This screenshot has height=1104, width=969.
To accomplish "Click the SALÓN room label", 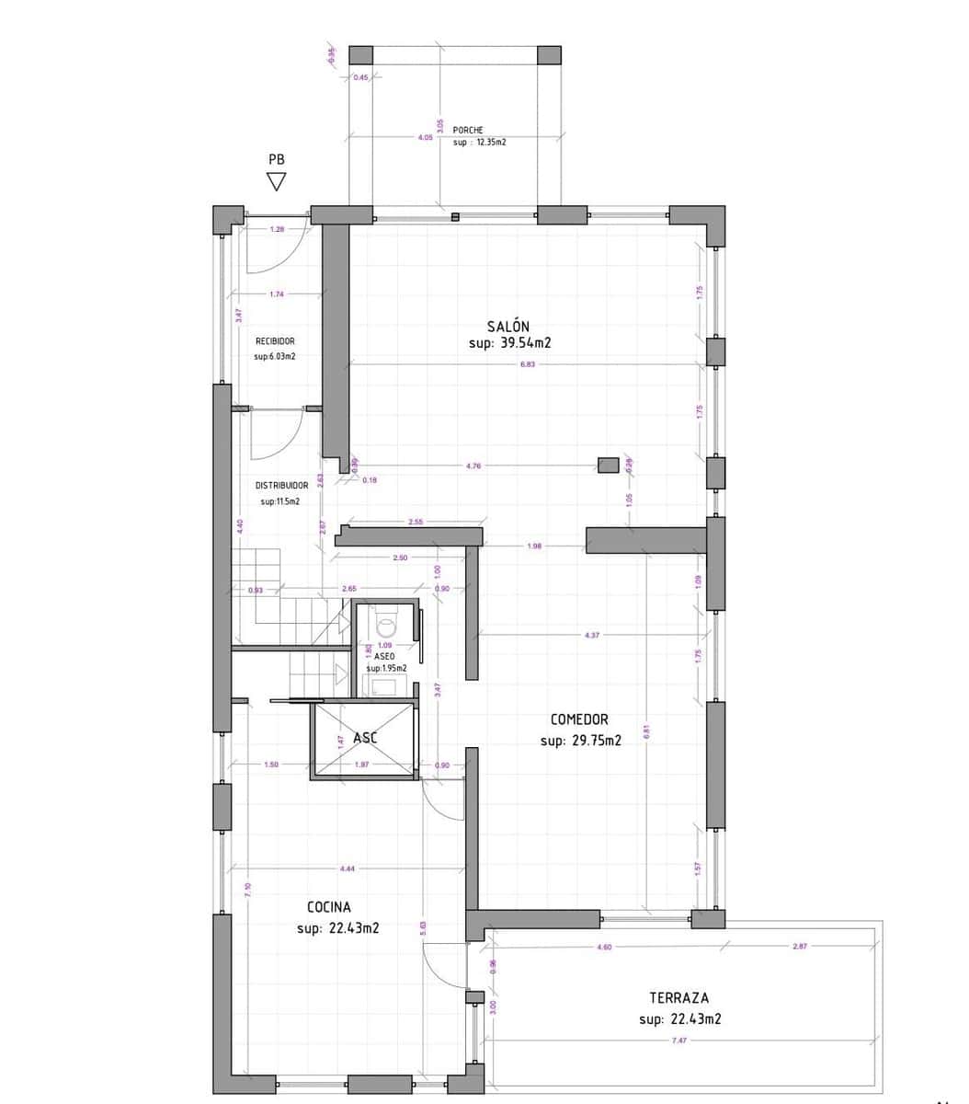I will click(x=508, y=326).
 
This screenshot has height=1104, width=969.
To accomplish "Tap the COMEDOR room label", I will click(x=579, y=719).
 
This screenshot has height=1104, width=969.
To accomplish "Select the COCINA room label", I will click(x=329, y=907).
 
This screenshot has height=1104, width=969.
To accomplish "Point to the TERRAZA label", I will click(x=678, y=997).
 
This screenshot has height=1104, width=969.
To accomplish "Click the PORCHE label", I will click(x=468, y=131).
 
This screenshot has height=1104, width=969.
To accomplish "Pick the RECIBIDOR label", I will click(x=275, y=341).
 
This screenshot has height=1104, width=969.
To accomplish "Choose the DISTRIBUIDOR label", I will click(x=281, y=485).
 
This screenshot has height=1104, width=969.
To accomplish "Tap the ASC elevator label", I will click(x=365, y=738).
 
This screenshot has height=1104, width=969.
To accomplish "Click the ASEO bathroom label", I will click(x=384, y=657).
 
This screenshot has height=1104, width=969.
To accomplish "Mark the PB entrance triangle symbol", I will click(x=277, y=182).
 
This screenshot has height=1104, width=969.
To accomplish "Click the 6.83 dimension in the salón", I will click(x=527, y=364).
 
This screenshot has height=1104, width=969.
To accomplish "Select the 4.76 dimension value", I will click(x=473, y=466).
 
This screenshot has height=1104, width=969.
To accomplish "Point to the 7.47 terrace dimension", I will click(x=679, y=1040).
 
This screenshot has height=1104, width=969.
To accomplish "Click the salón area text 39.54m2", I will click(x=509, y=343).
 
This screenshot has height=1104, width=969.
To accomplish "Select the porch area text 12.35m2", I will click(x=480, y=143).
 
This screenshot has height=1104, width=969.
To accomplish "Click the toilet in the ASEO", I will click(x=386, y=625).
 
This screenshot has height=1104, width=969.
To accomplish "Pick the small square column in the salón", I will click(x=608, y=466).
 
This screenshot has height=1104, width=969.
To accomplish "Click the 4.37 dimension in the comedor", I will click(x=592, y=635).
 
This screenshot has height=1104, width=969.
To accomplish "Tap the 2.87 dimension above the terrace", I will click(x=799, y=946).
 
